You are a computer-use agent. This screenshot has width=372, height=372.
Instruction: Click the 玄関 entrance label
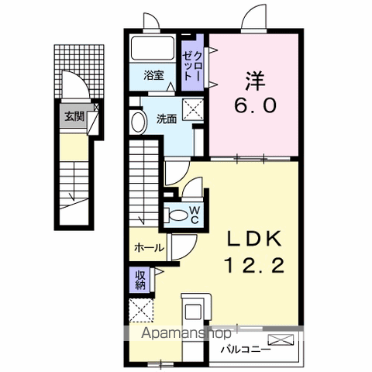tap(74, 116)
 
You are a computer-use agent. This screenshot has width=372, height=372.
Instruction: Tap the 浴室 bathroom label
tap(154, 75)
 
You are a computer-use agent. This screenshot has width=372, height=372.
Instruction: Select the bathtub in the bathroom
tap(153, 48)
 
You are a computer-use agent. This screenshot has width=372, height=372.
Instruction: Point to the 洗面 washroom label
tap(167, 119)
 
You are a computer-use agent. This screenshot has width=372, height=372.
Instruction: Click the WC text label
tap(195, 215)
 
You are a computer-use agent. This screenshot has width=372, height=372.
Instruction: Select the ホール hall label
tap(149, 248)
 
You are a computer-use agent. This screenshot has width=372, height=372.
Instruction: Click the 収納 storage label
tap(141, 280)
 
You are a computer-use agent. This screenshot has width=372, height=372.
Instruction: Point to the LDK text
tap(254, 239)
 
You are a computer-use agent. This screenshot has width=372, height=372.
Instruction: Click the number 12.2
tap(255, 265)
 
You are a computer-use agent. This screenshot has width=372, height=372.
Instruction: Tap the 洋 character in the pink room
tap(255, 81)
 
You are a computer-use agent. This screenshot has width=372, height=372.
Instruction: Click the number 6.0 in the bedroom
tap(255, 106)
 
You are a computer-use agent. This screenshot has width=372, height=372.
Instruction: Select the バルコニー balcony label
tap(246, 350)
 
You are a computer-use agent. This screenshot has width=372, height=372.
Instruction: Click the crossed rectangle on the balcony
tap(281, 339)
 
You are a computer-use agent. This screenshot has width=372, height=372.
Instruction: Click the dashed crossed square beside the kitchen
tap(141, 310)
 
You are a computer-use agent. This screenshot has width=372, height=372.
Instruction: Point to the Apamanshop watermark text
tap(186, 333)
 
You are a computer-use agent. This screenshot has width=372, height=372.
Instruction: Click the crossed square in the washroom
tap(193, 109)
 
